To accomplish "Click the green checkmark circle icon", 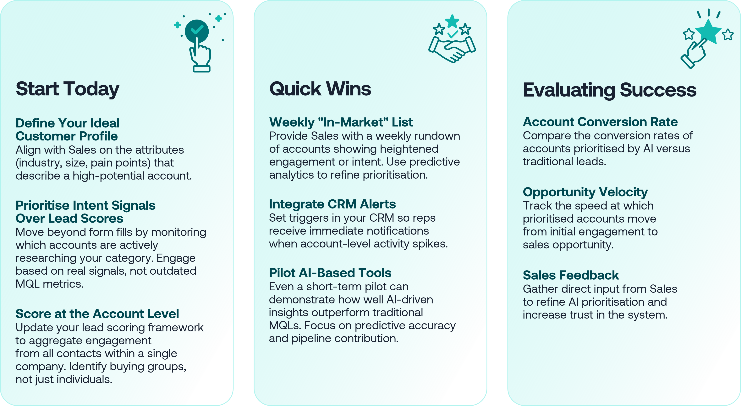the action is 197,31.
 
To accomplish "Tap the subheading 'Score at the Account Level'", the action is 97,314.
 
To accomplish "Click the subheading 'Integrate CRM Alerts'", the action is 332,204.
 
